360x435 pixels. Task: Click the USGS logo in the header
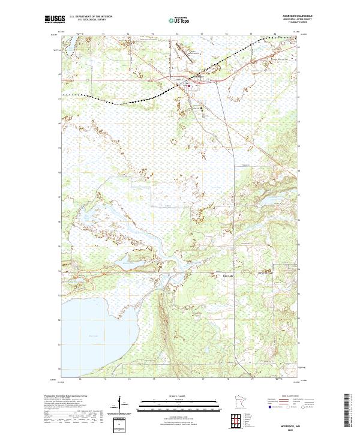coord(55,19)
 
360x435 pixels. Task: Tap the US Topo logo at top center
coord(180,20)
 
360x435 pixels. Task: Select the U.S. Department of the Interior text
coord(91,17)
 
